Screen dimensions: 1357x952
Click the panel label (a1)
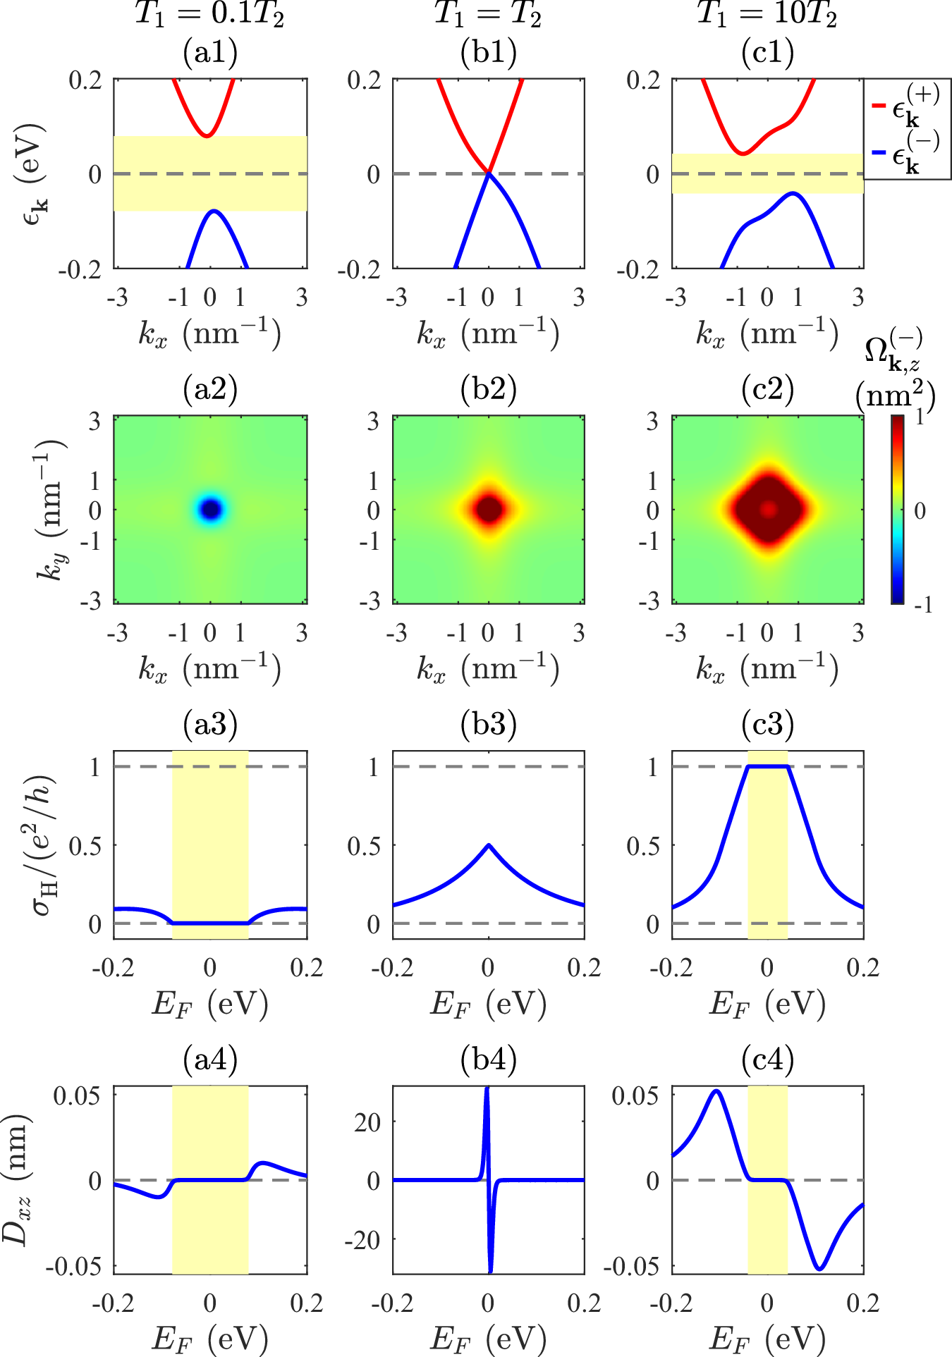tap(210, 52)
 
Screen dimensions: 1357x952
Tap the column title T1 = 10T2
tap(767, 14)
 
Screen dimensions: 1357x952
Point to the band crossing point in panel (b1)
tap(489, 173)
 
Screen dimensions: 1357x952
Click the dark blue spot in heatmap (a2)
tap(210, 509)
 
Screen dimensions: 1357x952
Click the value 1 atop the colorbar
tap(919, 417)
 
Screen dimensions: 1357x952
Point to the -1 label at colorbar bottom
tap(922, 604)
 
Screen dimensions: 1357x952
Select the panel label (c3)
tap(767, 724)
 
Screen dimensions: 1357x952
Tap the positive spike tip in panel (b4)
tap(487, 1090)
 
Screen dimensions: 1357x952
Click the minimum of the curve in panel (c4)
tap(819, 1269)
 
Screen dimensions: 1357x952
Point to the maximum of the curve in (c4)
tap(716, 1091)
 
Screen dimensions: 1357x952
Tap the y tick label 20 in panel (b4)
tap(367, 1122)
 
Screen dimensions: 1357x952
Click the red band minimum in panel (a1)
tap(207, 135)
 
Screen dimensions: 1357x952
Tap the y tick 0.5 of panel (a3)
tap(85, 845)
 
